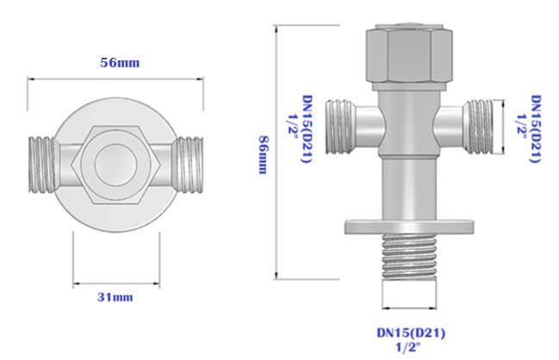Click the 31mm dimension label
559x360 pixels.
tap(115, 297)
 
